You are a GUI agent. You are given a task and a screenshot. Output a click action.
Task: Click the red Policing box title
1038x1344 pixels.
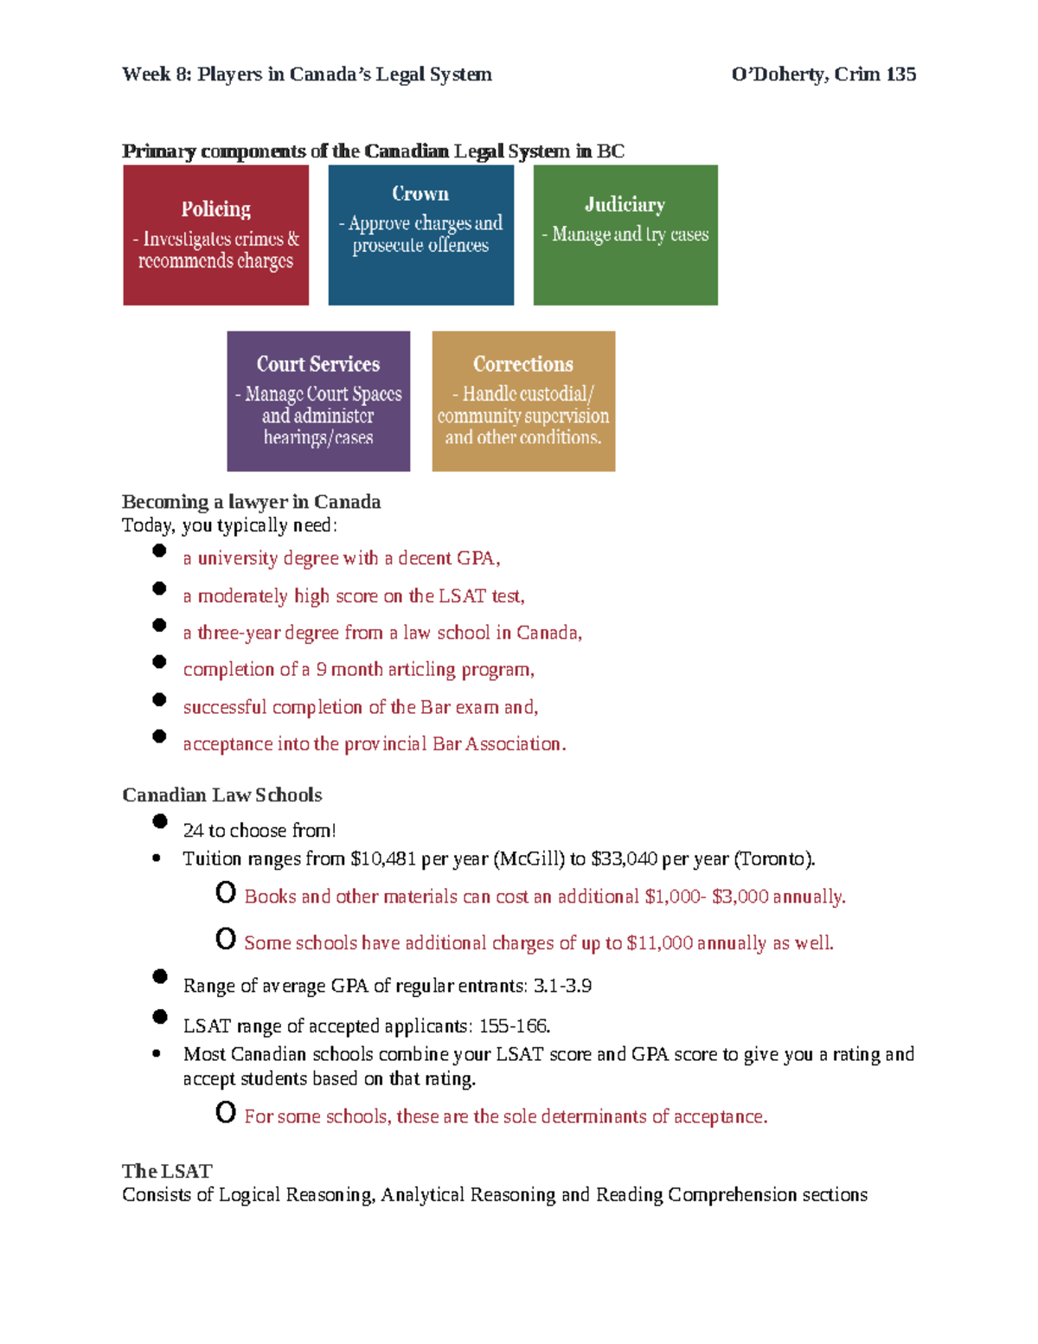point(215,209)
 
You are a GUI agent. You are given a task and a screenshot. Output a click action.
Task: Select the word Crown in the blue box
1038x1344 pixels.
point(420,194)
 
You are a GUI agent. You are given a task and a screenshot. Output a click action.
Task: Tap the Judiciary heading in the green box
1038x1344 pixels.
point(625,205)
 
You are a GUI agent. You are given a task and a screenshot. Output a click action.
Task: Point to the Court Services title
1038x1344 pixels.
point(318,364)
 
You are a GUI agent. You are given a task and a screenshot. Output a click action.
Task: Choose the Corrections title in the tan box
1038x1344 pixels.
point(523,364)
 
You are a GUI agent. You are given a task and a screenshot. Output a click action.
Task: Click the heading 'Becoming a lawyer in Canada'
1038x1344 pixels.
point(251,502)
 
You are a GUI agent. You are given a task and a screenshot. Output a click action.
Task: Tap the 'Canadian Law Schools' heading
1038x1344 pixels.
point(222,795)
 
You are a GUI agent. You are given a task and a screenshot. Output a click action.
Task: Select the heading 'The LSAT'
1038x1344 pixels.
point(167,1171)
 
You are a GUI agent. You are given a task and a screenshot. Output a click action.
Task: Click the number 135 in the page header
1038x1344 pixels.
point(900,74)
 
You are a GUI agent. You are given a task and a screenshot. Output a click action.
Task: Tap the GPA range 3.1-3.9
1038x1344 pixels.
point(562,987)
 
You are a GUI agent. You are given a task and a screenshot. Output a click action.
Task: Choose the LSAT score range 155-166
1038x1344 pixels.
point(514,1026)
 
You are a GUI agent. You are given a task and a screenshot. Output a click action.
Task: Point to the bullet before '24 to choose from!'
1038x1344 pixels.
point(160,821)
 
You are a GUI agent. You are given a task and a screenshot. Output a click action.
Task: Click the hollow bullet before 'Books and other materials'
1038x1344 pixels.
point(226,892)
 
